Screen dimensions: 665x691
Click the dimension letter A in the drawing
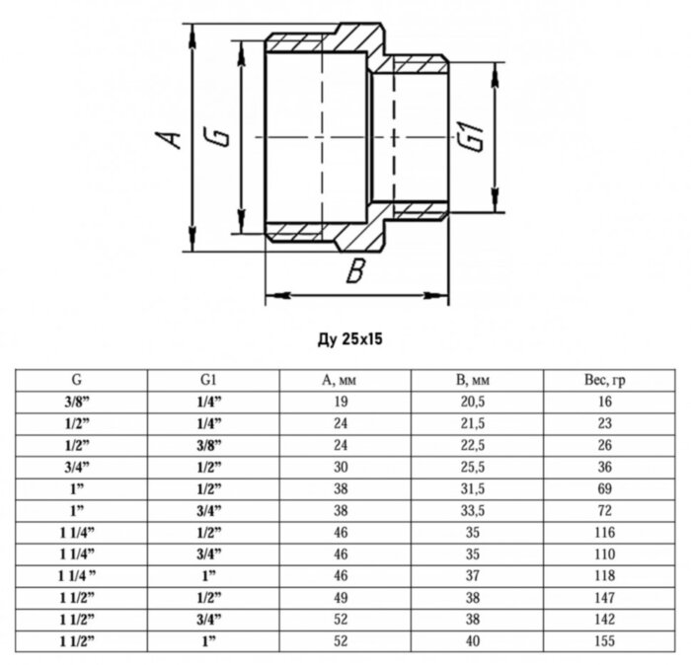(172, 137)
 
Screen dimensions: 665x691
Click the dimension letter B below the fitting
(357, 270)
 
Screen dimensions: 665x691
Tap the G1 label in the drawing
(474, 137)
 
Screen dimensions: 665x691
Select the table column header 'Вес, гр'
(605, 380)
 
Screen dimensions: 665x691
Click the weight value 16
(605, 402)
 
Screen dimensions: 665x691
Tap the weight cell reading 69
(605, 488)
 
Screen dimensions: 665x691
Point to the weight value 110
(605, 554)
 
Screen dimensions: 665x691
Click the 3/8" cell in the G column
(75, 402)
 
